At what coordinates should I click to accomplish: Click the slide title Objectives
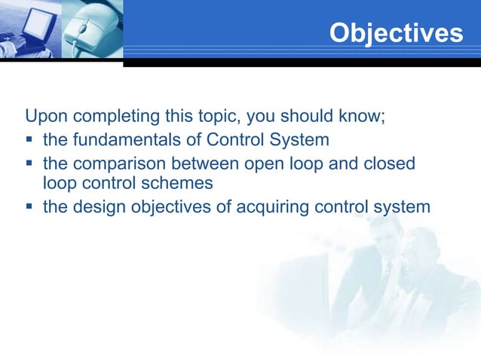396,32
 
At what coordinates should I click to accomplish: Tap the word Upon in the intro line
44,118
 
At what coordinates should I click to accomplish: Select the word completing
112,118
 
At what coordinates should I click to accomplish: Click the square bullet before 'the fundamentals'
30,140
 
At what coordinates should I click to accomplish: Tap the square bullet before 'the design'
30,206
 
